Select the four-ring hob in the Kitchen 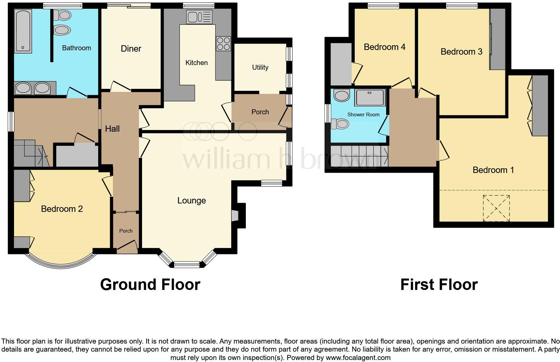coord(223,44)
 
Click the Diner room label coord(131,49)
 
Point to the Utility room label coord(260,67)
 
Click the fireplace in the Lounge coord(236,215)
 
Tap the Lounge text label coord(192,200)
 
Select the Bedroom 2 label coord(62,209)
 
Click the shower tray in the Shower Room coord(370,97)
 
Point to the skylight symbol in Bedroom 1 coord(496,208)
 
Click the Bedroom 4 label coord(384,47)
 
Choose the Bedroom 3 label coord(461,52)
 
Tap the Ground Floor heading coord(150,285)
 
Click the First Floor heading coord(439,285)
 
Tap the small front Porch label coord(126,231)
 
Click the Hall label coord(112,129)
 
